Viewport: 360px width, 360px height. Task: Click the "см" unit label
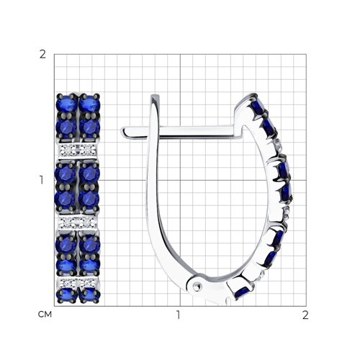45,315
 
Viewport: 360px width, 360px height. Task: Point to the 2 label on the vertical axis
42,55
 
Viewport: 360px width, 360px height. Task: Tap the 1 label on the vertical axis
42,180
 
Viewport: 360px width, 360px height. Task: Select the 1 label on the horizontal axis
178,315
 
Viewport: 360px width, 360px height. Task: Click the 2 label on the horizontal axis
305,315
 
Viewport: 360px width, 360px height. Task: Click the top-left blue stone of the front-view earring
66,103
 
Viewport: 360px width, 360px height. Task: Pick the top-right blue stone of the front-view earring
89,103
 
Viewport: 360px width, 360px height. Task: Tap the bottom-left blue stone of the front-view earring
66,295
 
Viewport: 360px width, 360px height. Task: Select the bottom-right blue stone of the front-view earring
89,295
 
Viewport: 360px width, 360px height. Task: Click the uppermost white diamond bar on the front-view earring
78,150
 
